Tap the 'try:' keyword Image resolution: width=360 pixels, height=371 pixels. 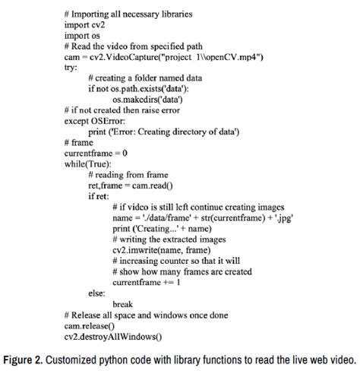point(71,68)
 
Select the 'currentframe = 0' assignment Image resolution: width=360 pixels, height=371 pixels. point(96,152)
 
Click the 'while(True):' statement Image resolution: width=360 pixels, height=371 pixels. point(90,163)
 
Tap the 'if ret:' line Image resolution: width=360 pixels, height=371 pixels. point(99,195)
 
